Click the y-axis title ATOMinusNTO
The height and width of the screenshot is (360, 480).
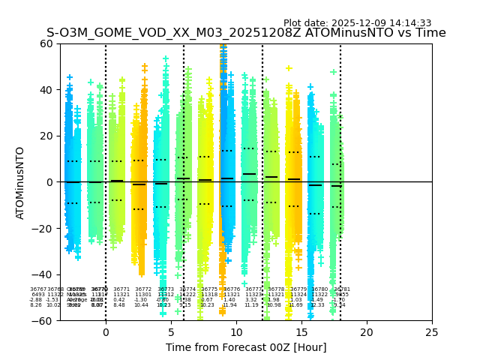coord(21,182)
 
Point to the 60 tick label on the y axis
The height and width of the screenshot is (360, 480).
coord(45,43)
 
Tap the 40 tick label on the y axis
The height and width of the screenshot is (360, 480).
coord(45,90)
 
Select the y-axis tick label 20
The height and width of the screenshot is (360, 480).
coord(45,136)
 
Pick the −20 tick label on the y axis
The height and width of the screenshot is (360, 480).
coord(42,228)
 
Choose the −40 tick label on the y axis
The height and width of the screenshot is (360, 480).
coord(42,274)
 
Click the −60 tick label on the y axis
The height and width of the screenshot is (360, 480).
coord(42,320)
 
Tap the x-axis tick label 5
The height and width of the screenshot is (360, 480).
coord(171,332)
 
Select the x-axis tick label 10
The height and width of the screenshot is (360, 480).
coord(236,332)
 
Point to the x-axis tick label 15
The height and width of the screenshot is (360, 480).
coord(301,332)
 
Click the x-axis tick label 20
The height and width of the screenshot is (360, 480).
coord(367,332)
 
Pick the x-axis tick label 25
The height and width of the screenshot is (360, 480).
coord(432,332)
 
